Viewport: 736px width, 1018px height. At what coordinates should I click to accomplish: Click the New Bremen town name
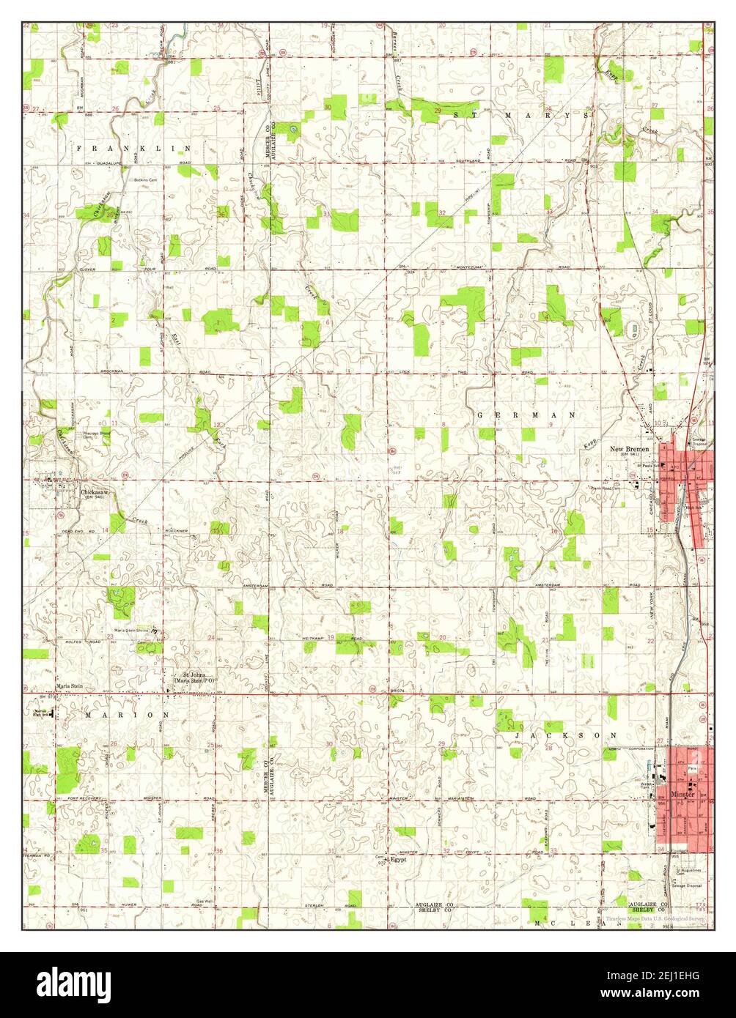click(630, 448)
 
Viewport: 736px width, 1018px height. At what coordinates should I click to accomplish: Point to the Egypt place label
click(398, 860)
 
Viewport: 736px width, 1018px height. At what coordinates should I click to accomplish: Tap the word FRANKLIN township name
click(134, 148)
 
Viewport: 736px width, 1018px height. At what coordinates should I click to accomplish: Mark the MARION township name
click(127, 714)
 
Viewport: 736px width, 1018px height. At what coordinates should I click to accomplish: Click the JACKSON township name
click(566, 734)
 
